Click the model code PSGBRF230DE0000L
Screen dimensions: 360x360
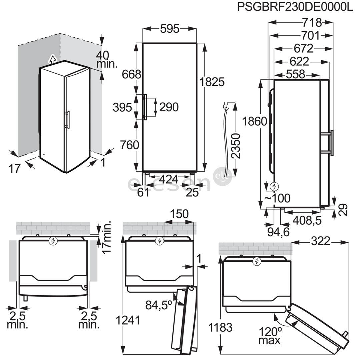[295, 7]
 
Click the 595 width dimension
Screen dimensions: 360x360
[169, 29]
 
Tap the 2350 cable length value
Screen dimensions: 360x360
[236, 146]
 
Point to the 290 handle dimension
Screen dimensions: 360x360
[169, 107]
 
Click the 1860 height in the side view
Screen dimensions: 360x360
[255, 122]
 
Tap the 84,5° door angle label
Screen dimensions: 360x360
[158, 305]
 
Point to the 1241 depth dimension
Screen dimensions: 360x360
[128, 320]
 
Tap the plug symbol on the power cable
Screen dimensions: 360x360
[226, 107]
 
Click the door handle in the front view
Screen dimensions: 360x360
[145, 107]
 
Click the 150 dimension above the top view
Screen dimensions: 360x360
[179, 213]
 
